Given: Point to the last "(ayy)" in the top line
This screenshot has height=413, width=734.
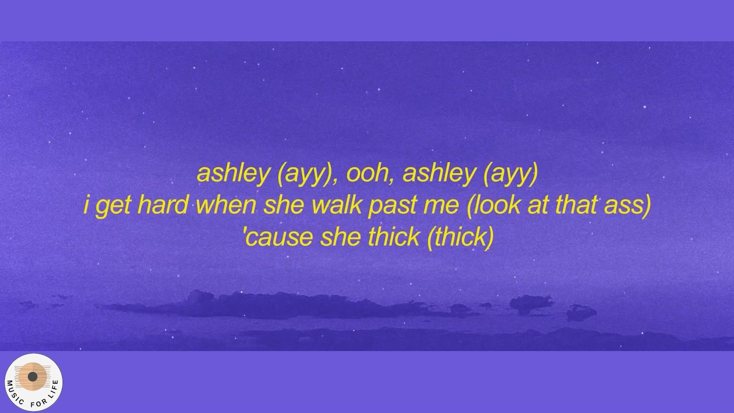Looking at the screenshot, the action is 510,174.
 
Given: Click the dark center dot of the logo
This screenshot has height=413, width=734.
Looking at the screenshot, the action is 33,377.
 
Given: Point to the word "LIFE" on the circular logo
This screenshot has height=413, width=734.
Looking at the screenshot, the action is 54,390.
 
